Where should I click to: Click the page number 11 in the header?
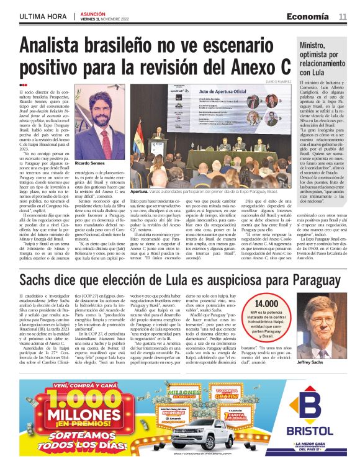tap(343, 16)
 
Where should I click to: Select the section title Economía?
tap(308, 16)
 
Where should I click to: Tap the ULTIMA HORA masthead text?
tap(42, 17)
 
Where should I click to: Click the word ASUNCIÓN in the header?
tap(93, 13)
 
